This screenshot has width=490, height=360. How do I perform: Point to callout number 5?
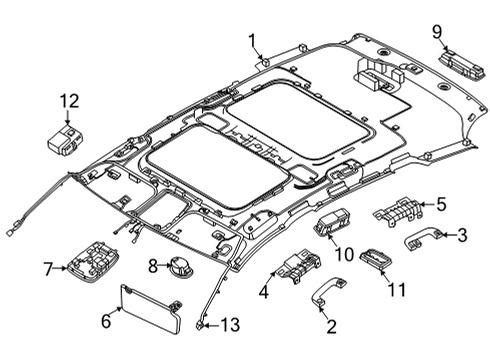coord(441,204)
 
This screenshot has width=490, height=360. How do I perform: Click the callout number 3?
coord(463,234)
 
